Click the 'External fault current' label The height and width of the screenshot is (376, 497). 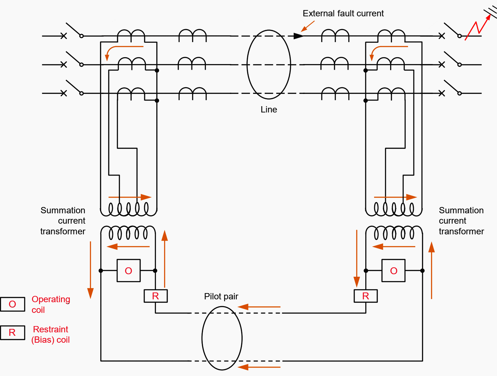(343, 14)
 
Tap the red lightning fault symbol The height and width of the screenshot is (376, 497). (478, 28)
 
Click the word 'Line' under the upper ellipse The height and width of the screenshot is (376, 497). (269, 110)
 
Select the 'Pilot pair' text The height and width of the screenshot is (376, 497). (221, 297)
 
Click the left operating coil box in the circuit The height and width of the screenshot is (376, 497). (129, 270)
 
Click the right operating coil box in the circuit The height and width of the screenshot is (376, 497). (394, 270)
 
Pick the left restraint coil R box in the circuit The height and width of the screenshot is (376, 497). (156, 296)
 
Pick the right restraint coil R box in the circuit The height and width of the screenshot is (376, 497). (366, 296)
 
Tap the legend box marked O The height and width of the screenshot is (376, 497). (13, 304)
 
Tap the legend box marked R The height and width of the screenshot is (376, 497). (13, 333)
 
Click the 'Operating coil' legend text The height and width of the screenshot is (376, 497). (51, 304)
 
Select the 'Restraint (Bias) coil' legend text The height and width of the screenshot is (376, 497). (50, 335)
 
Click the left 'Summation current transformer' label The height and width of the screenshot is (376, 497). (63, 221)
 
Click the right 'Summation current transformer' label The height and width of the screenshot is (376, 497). (461, 221)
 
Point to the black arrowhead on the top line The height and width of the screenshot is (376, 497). (298, 36)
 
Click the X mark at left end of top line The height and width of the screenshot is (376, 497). (64, 36)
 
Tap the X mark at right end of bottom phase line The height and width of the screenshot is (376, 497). (442, 93)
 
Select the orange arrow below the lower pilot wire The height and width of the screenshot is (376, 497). (259, 367)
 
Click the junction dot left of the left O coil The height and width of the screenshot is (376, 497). (101, 270)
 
